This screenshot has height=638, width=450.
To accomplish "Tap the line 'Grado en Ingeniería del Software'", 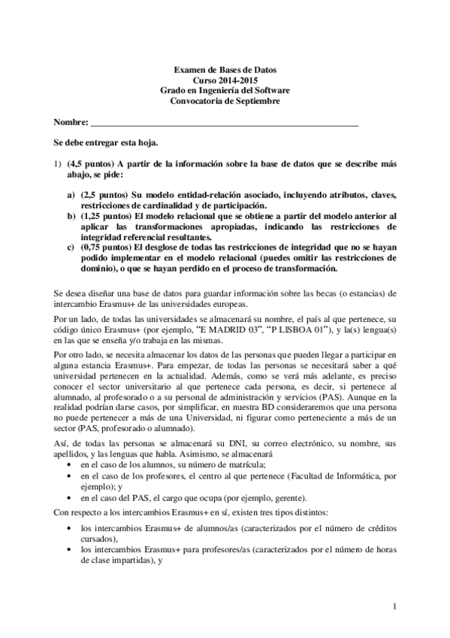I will pyautogui.click(x=225, y=90).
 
